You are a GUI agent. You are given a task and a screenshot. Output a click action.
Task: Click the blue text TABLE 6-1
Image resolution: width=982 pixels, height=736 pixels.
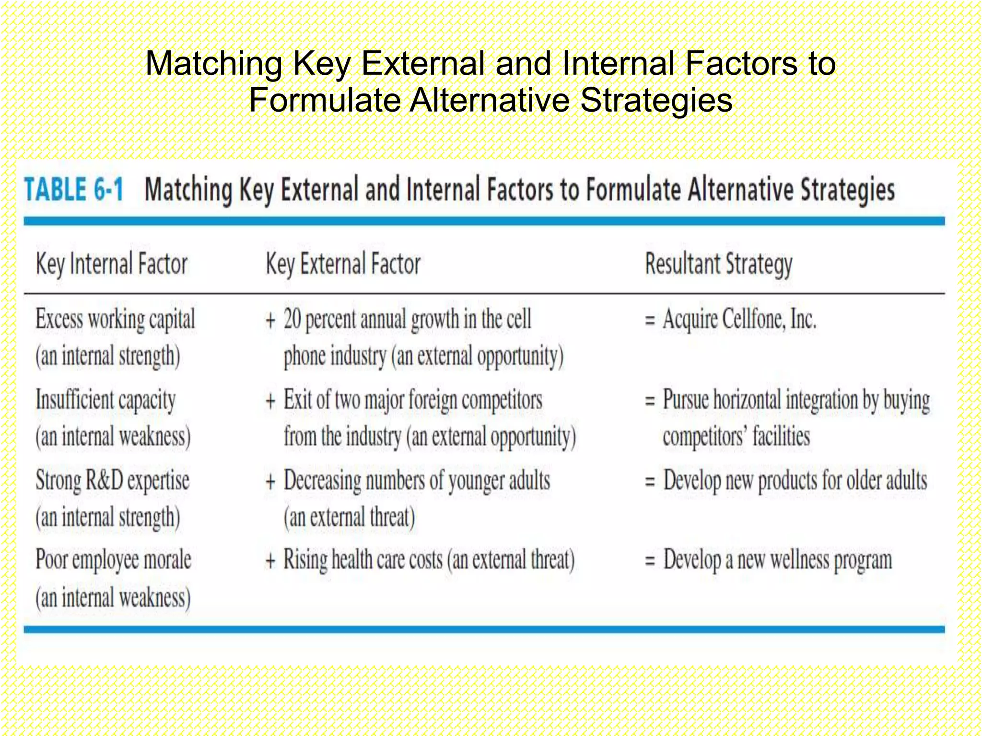(74, 189)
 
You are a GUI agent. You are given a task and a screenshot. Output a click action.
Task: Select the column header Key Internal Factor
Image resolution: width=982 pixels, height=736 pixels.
(112, 264)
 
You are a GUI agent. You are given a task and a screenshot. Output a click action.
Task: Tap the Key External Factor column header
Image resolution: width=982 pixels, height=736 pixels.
(343, 264)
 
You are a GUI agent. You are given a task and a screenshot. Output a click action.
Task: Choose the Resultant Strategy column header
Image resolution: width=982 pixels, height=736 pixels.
(718, 264)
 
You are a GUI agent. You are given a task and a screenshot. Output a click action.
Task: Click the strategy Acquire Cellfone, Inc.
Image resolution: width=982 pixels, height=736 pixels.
(739, 319)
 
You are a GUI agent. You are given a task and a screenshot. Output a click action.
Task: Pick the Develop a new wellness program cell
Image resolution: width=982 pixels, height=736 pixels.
(777, 560)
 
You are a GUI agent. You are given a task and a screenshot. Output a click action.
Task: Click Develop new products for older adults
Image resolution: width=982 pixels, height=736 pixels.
(795, 481)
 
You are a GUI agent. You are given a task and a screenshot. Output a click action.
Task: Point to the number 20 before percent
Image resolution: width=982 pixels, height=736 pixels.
(292, 319)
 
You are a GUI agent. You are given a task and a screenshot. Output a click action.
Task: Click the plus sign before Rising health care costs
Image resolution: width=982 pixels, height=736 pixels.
(271, 561)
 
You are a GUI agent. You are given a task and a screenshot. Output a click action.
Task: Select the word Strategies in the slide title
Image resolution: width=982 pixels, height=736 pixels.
(656, 100)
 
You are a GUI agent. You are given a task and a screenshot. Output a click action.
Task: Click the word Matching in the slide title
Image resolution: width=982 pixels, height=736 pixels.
(214, 63)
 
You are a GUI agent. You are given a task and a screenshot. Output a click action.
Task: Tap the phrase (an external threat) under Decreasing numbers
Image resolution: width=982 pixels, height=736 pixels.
(349, 517)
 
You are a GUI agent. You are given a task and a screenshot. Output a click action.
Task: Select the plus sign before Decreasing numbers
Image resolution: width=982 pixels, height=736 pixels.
(271, 481)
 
